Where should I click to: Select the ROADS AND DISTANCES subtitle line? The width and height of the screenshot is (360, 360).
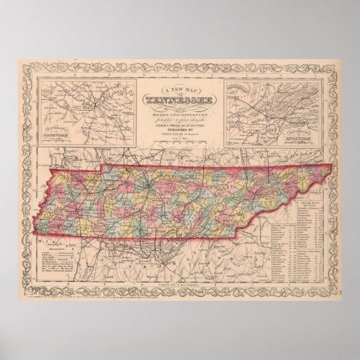pyautogui.click(x=179, y=113)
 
